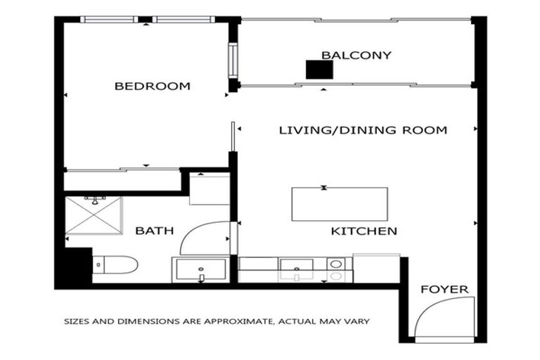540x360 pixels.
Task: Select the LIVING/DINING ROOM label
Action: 363,130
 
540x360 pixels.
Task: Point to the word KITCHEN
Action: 364,231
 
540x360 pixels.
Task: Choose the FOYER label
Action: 444,290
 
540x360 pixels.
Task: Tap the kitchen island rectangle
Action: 340,204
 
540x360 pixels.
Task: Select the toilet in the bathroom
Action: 115,265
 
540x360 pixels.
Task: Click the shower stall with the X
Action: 94,216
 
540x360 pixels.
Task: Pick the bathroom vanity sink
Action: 201,269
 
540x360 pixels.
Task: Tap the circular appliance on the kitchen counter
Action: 336,265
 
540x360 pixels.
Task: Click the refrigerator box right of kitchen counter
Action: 376,268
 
